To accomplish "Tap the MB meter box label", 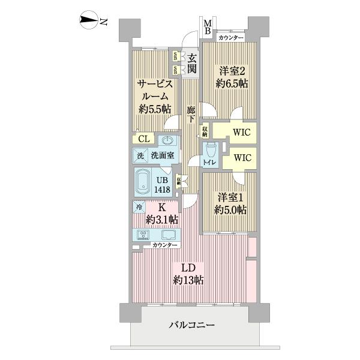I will (206, 28).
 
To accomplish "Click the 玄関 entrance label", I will (191, 63).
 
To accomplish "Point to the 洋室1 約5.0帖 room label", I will (231, 203).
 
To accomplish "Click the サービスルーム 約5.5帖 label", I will (154, 96).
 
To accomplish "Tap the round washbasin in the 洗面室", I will (167, 140).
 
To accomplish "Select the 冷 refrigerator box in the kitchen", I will (139, 208).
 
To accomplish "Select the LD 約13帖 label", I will (188, 273).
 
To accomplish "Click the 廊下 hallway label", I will (191, 114).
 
